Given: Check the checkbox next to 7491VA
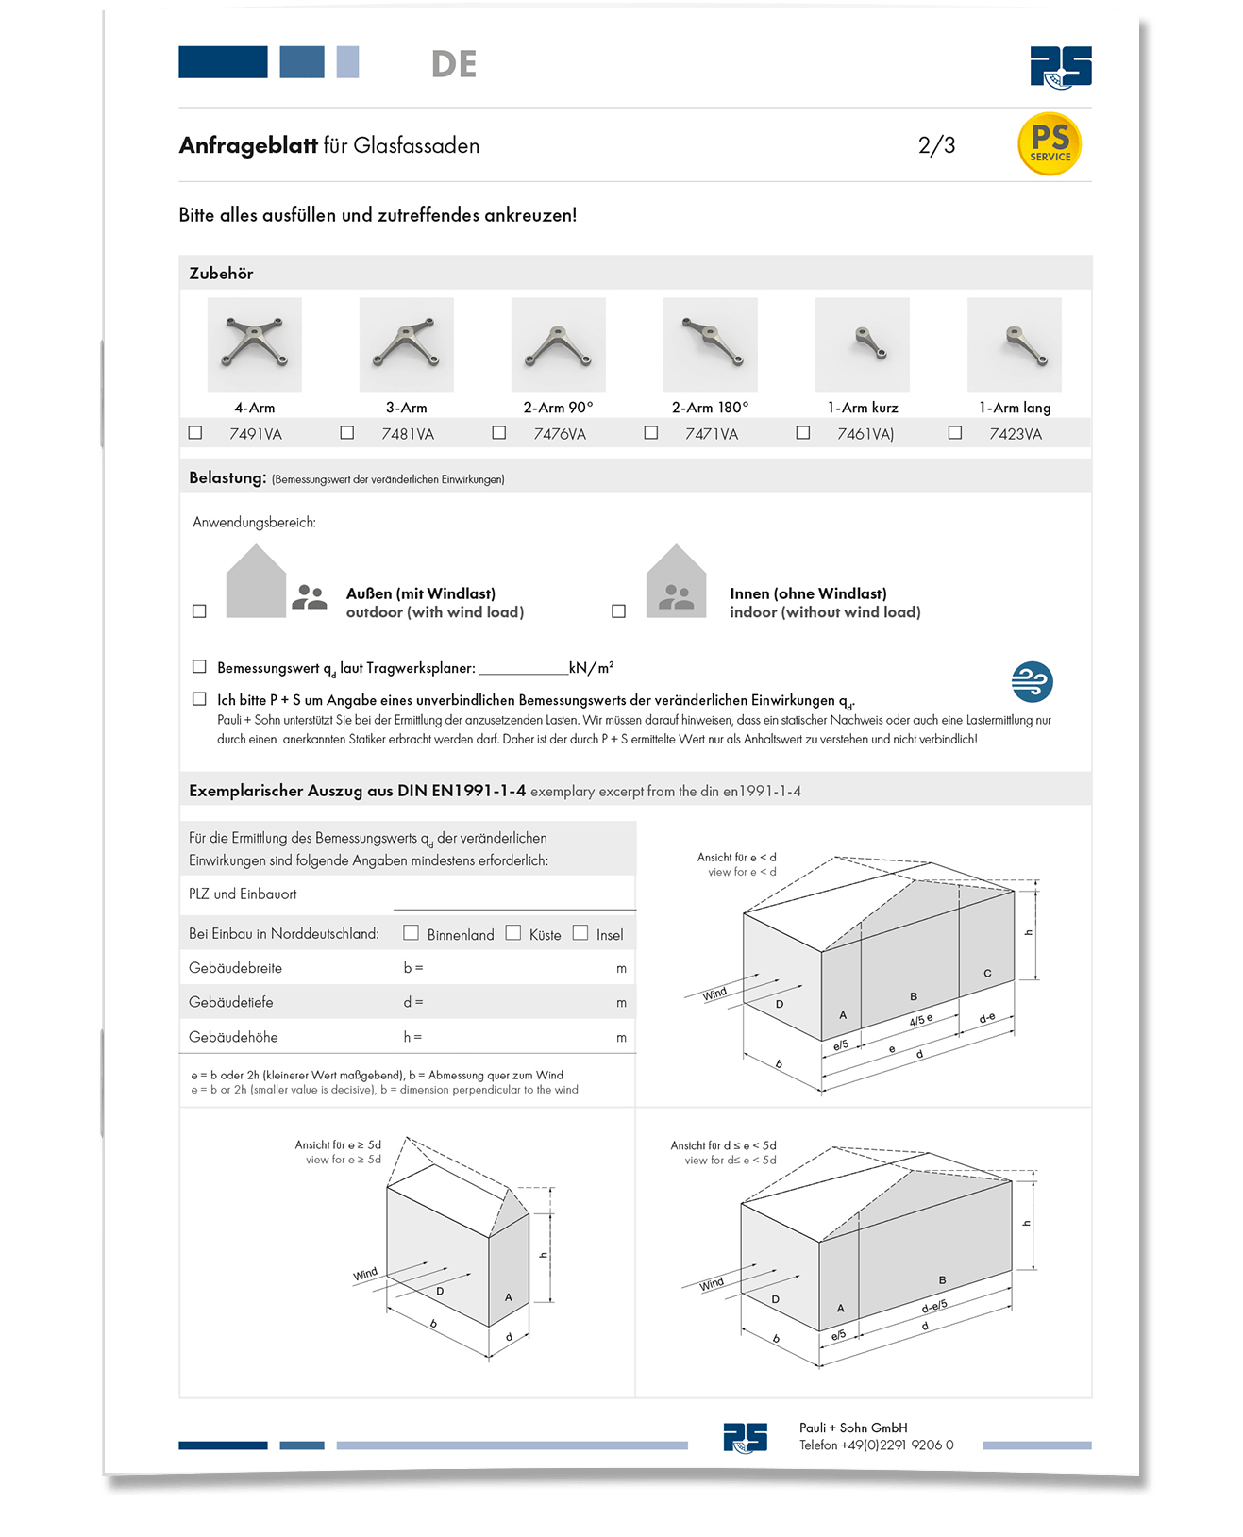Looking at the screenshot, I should click(x=195, y=433).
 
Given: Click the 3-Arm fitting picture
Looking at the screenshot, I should click(x=406, y=344).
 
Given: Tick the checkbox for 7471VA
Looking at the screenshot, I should click(x=651, y=433).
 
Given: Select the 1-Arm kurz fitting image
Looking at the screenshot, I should click(x=862, y=344).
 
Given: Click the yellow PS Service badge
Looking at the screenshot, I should click(x=1050, y=144).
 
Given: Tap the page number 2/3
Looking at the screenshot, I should click(x=936, y=145).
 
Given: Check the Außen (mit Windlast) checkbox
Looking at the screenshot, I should click(x=199, y=611).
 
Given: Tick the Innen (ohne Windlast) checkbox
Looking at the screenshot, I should click(x=619, y=611).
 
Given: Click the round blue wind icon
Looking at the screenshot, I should click(x=1032, y=681).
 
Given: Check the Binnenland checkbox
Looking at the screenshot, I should click(x=411, y=933).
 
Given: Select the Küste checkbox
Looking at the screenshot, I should click(x=513, y=933).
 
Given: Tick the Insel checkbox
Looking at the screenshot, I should click(x=580, y=933).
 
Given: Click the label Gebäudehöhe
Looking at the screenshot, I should click(x=233, y=1037).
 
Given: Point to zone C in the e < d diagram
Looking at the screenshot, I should click(x=987, y=974).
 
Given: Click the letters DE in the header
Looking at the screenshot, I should click(x=454, y=64).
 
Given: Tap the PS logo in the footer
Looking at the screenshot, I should click(x=745, y=1437).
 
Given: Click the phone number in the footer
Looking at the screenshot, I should click(x=876, y=1445).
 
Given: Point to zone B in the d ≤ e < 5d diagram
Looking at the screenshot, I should click(x=942, y=1280).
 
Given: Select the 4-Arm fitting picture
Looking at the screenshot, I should click(x=255, y=344).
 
